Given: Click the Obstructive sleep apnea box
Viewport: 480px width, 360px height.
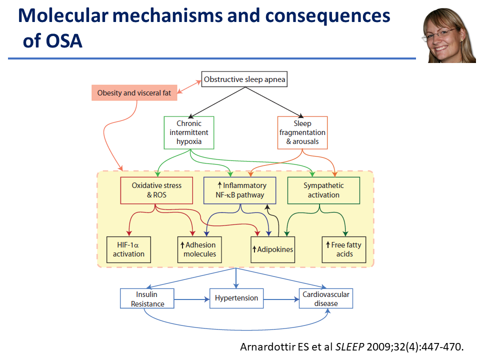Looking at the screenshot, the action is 244,79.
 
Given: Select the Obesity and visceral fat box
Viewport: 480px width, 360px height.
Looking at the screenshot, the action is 134,93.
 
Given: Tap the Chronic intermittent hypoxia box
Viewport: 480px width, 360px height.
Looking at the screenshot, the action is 189,132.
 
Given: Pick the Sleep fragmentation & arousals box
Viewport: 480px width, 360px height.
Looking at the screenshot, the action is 302,132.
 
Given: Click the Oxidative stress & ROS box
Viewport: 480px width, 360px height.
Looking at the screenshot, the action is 156,190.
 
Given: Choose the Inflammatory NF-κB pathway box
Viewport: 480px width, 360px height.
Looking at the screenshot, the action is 240,190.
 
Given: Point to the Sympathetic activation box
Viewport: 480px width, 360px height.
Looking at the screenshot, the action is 323,190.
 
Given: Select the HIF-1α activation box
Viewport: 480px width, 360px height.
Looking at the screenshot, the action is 128,249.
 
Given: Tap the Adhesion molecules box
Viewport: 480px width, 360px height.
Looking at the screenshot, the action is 199,249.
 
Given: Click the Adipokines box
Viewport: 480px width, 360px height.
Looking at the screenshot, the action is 273,249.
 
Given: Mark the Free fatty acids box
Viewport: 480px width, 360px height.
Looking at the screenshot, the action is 344,249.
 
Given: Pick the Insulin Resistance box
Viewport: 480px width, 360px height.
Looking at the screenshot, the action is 147,298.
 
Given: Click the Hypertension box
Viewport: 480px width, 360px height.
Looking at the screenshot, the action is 236,298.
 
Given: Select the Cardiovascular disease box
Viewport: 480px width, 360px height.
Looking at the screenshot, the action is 326,298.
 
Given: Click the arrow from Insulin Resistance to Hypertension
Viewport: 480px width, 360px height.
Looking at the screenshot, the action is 192,299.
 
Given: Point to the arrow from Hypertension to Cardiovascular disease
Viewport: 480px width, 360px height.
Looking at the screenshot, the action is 281,299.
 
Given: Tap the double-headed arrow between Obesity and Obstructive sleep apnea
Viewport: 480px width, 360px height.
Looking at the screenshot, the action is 189,86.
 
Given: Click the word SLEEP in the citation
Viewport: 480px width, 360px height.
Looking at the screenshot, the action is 350,347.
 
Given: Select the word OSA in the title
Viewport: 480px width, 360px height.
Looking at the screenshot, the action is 64,41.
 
